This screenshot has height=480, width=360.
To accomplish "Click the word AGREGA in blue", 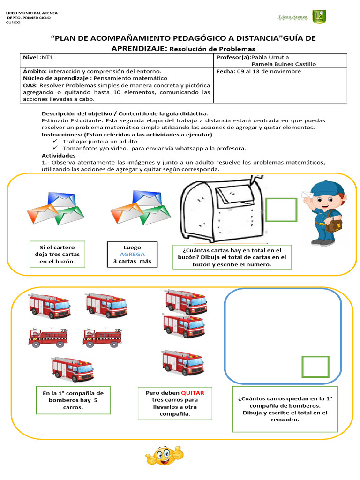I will (x=132, y=254).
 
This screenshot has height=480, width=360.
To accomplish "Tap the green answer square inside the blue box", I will (x=315, y=367).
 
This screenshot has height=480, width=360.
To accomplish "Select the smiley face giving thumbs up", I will (x=164, y=455).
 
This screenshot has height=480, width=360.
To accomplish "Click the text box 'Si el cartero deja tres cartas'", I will (x=57, y=254).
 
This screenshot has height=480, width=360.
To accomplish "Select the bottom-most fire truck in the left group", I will (x=73, y=369).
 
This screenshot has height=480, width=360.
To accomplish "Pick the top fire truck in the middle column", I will (x=186, y=300).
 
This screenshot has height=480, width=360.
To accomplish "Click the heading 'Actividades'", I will (x=58, y=155).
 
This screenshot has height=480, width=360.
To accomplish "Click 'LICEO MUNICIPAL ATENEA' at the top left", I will (x=31, y=13).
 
